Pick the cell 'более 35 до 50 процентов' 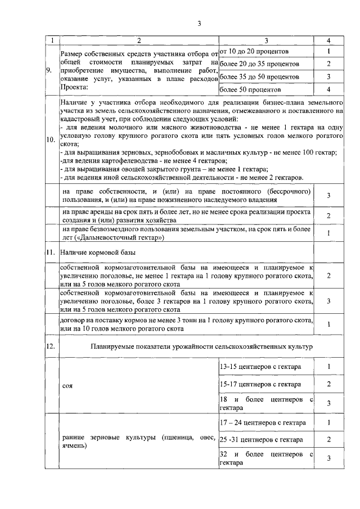tap(259, 76)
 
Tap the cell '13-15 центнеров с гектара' tap(259, 367)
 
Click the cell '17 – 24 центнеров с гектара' tap(262, 422)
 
